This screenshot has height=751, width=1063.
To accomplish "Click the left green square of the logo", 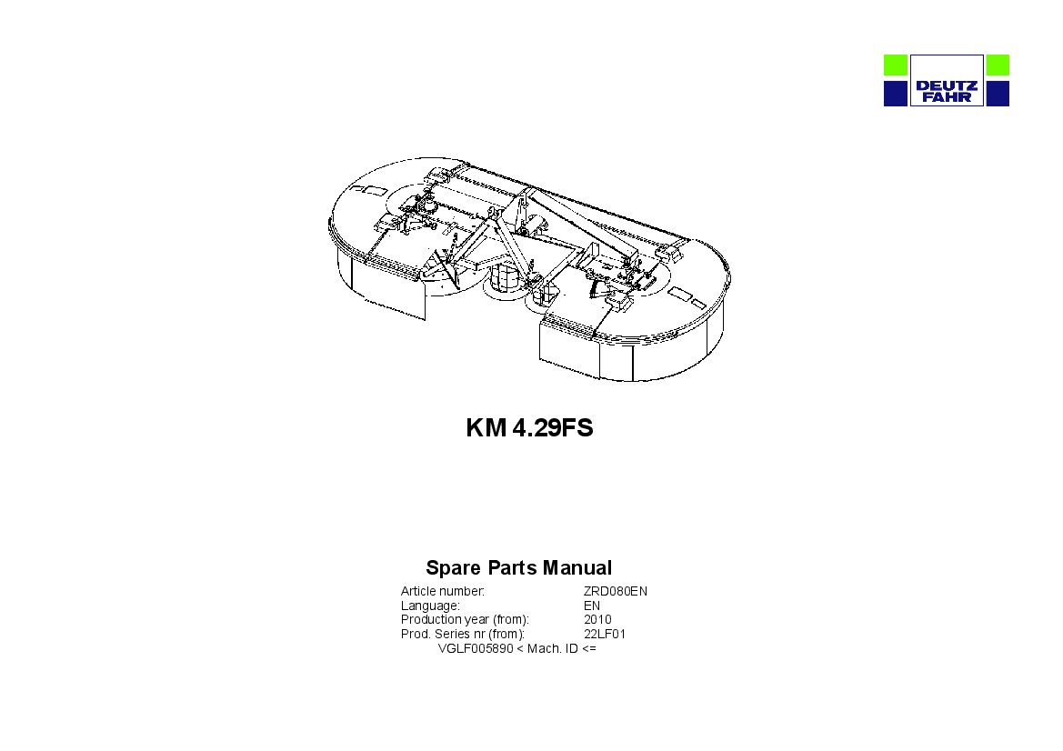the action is [895, 65].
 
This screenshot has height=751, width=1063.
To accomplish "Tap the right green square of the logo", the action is [998, 65].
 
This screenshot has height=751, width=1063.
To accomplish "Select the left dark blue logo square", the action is [895, 94].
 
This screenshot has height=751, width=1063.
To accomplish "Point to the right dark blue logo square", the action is [998, 94].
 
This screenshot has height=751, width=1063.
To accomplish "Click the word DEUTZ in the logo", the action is [947, 86].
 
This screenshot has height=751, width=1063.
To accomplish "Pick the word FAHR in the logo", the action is [947, 97].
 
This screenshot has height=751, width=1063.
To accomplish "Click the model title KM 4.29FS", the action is [529, 428].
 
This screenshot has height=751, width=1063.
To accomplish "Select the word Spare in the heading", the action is [453, 567].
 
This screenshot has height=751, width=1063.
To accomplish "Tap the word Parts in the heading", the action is [512, 567].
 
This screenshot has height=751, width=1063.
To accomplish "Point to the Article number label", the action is [442, 591].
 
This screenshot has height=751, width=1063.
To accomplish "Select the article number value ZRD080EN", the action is [616, 591].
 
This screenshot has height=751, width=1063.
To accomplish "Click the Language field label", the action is [430, 606].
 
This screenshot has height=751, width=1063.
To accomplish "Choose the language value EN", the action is [592, 606].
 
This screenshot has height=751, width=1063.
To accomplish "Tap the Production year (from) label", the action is [465, 619].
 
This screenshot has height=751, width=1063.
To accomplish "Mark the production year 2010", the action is [597, 619].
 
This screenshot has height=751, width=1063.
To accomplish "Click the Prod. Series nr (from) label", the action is [462, 635].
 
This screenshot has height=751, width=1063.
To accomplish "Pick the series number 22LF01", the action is [605, 635].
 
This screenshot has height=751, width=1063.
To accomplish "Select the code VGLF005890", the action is [476, 648].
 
